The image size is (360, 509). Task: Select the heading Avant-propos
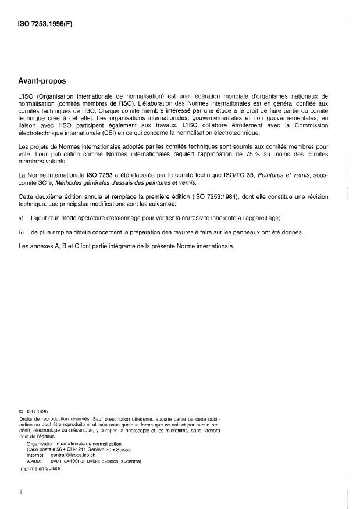pyautogui.click(x=42, y=82)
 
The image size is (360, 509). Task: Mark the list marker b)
pyautogui.click(x=22, y=232)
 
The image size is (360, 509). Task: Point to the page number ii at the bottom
pyautogui.click(x=21, y=493)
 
